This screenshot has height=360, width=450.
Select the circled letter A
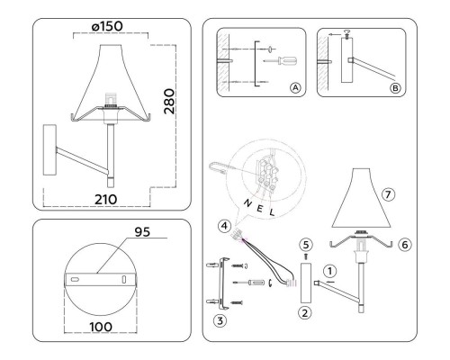pos(295,88)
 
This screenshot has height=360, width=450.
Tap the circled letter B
pos(397,88)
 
